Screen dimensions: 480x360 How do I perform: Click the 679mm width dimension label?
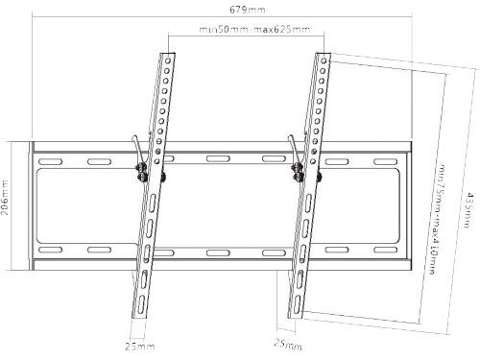[x=248, y=10]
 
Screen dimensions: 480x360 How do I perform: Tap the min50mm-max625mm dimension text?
[x=254, y=30]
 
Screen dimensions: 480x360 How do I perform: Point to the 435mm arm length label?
[x=468, y=209]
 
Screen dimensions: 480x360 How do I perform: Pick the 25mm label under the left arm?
[x=140, y=347]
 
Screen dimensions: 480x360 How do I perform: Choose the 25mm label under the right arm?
[x=288, y=345]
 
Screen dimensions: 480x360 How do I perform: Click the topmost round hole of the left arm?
[x=167, y=60]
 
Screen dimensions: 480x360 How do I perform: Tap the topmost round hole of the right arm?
[x=324, y=60]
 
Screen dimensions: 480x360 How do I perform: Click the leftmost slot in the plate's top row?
[x=50, y=161]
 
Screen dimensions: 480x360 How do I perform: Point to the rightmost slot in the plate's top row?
[x=386, y=161]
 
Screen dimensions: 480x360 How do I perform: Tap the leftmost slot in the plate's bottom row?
[x=50, y=250]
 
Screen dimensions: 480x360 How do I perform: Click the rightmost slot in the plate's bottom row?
[x=386, y=250]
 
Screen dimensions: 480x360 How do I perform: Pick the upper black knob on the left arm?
[x=141, y=167]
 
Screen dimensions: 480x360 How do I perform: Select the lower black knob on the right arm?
[x=299, y=177]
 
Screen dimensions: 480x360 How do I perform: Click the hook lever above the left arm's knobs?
[x=138, y=148]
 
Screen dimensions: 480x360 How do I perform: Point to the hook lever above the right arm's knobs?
[x=295, y=148]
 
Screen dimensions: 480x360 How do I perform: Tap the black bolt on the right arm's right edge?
[x=319, y=177]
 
